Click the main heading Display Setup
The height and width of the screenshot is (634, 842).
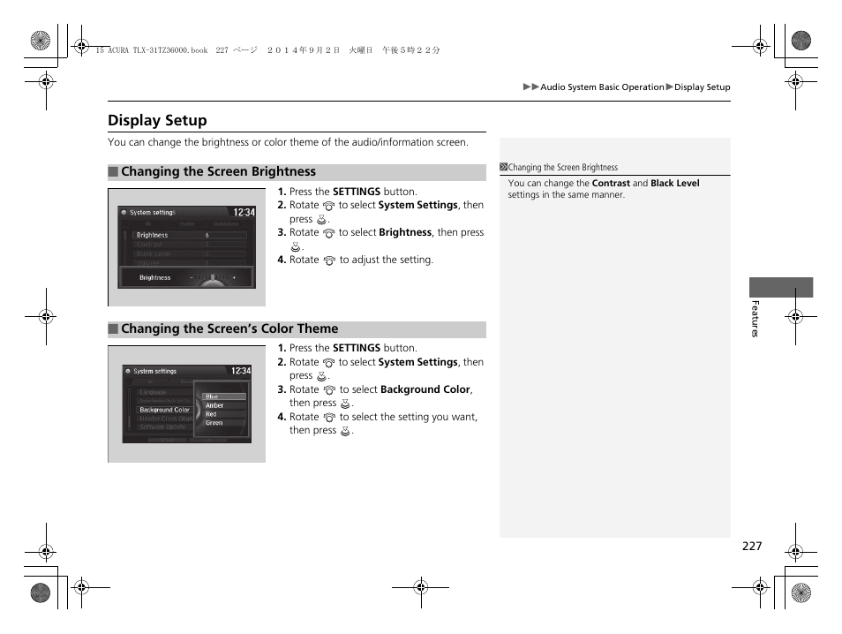coord(157,120)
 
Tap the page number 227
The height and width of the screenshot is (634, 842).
coord(751,547)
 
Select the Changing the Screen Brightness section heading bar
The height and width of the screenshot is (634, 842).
coord(297,172)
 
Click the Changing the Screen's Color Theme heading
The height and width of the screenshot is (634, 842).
coord(297,329)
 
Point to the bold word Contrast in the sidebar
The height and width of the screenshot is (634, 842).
coord(611,184)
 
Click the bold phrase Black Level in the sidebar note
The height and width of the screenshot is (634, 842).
coord(674,184)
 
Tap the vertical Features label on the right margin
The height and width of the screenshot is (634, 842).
coord(755,319)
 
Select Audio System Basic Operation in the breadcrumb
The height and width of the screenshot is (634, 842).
coord(602,87)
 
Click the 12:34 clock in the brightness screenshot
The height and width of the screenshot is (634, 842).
coord(244,212)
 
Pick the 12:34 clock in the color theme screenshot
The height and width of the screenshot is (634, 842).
coord(241,371)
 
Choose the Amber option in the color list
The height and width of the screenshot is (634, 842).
coord(214,405)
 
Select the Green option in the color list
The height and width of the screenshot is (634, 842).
coord(214,423)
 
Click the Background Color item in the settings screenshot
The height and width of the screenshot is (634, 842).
coord(164,410)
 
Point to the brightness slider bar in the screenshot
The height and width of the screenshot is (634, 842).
coord(212,278)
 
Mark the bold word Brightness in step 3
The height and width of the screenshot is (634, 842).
coord(405,233)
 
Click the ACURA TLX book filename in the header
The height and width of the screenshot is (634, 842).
coord(150,50)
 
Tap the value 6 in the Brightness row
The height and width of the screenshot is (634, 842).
coord(207,235)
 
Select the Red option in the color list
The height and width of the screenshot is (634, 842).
coord(212,414)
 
